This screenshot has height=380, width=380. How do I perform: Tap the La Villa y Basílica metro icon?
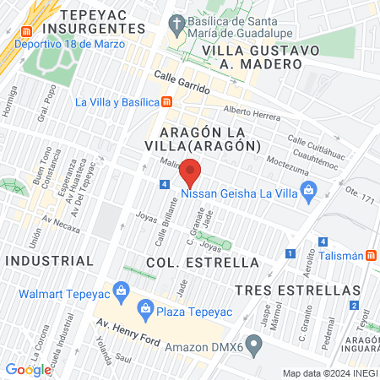point(167,102)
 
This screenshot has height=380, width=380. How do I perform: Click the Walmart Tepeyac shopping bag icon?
point(122,293)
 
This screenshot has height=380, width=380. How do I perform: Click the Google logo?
point(28,369)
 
